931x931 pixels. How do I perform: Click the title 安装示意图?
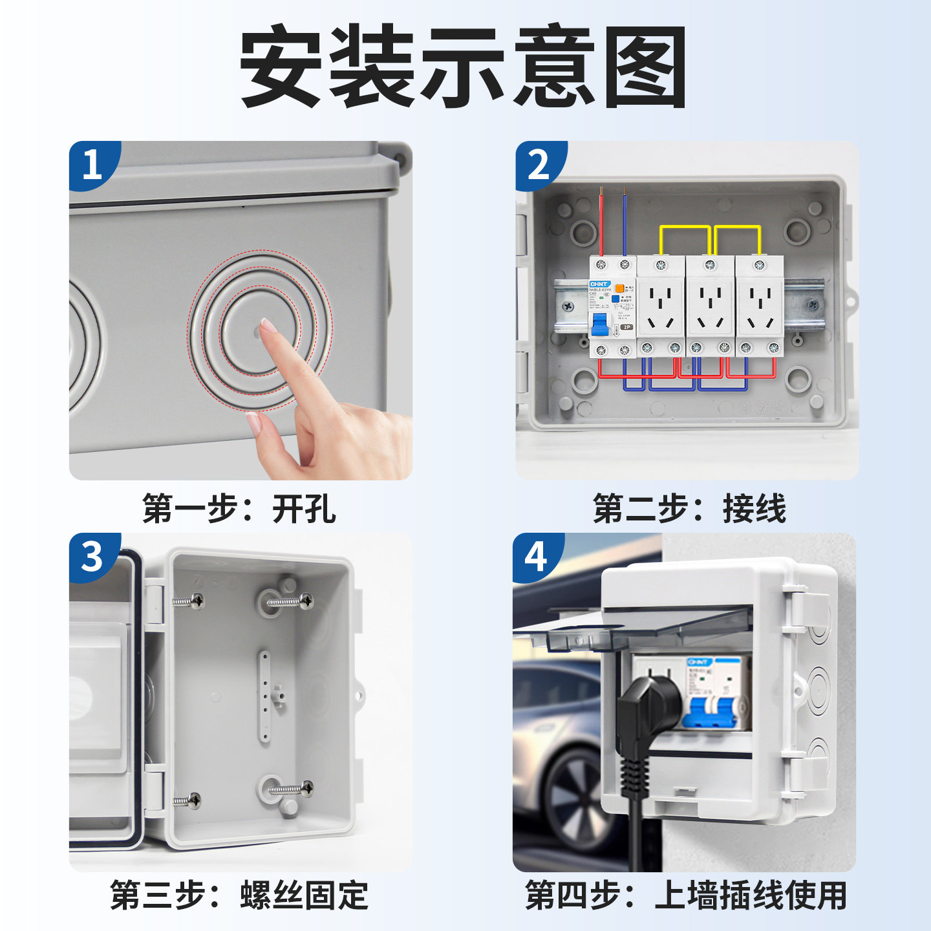pos(463,67)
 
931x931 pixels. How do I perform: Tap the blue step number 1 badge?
pos(92,165)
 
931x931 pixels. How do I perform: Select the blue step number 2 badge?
pos(539,165)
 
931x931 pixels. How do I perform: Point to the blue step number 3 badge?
pos(92,557)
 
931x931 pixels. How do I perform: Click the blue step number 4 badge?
pos(536,557)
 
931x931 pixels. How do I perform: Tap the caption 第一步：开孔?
pos(239,508)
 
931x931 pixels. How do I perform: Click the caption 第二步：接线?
pos(689,508)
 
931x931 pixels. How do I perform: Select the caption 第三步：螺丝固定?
pos(239,895)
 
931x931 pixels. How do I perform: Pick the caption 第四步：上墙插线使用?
pos(685,895)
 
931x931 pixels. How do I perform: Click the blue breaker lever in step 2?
pos(601,324)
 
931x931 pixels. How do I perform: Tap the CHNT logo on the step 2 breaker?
pos(599,284)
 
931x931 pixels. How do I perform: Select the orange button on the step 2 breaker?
pos(619,288)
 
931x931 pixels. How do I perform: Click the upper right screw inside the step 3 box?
pos(291,601)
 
